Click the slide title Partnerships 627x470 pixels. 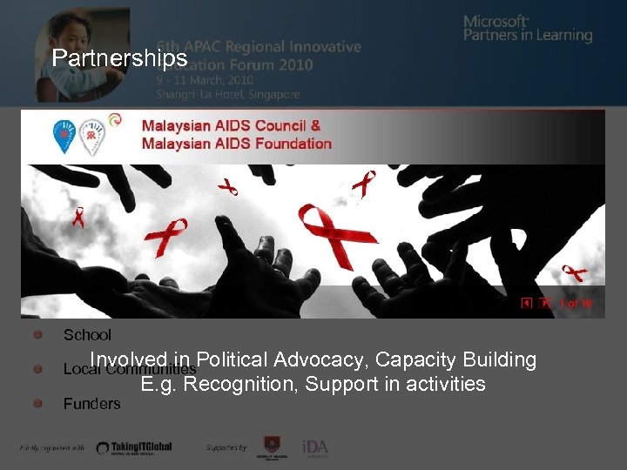[119, 58]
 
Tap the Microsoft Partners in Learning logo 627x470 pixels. [527, 28]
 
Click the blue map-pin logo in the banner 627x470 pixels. [64, 135]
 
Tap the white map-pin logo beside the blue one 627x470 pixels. [90, 135]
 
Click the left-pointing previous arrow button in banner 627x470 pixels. [527, 303]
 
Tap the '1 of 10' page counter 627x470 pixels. [576, 303]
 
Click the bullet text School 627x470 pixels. [87, 335]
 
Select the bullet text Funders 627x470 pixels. [91, 404]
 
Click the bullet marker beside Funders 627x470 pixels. [39, 403]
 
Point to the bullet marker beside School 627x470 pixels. [39, 334]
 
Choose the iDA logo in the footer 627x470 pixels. [314, 446]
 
